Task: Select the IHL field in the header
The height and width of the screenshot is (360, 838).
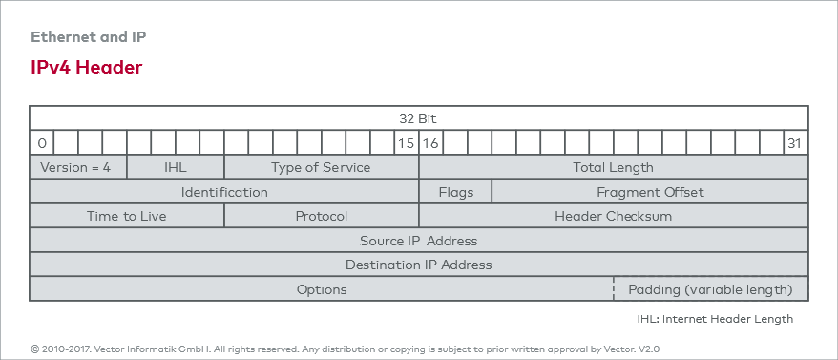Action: coord(176,167)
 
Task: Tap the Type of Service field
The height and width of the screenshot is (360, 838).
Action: coord(321,167)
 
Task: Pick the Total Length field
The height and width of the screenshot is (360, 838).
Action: coord(613,167)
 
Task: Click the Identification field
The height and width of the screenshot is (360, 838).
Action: coord(224,192)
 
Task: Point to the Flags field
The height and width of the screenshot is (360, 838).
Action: coord(455,192)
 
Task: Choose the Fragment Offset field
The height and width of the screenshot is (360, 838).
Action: coord(650,192)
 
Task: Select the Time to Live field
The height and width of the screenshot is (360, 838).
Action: coord(127,216)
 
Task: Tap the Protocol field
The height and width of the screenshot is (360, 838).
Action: coord(321,216)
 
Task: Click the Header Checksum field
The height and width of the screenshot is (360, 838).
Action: coord(613,216)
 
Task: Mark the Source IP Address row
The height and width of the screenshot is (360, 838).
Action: coord(418,241)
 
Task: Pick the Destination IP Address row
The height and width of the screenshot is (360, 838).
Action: coord(418,265)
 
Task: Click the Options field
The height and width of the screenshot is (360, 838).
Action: coord(321,289)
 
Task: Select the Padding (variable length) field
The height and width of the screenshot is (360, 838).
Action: coord(710,289)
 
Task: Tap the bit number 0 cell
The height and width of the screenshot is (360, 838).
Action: coord(42,143)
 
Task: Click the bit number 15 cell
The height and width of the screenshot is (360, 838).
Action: coord(406,143)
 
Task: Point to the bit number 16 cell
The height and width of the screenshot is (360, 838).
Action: coord(430,143)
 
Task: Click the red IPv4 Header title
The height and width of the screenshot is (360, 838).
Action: coord(87,68)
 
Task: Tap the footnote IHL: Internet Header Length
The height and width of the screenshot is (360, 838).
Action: coord(715,319)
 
